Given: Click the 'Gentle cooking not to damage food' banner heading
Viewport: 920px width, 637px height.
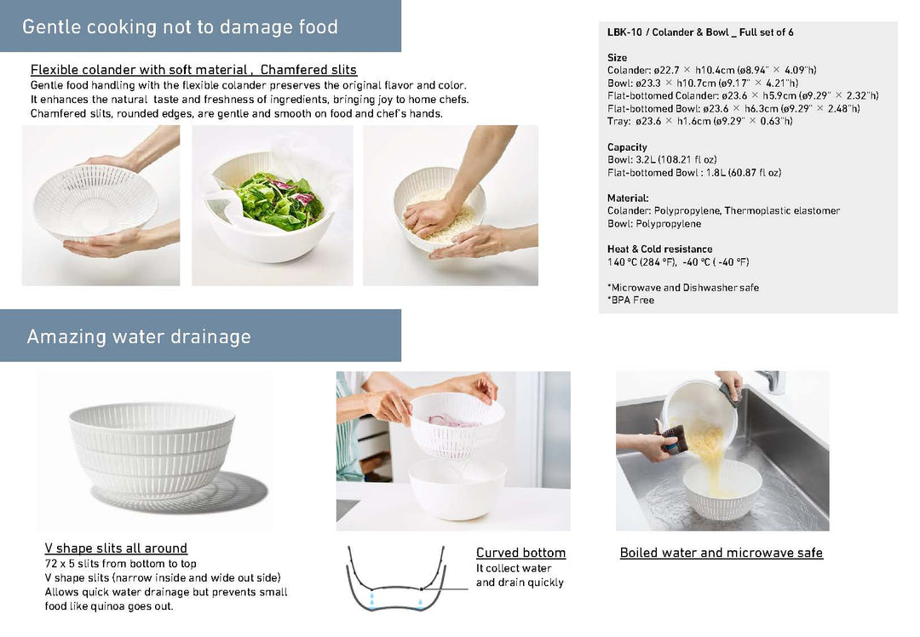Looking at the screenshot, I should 180,26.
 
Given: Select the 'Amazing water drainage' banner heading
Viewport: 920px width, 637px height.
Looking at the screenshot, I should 139,336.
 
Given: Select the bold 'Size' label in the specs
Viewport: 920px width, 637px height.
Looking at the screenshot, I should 617,58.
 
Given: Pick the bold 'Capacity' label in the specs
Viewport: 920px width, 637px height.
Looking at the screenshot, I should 627,147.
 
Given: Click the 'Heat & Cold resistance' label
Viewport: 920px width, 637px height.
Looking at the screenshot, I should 659,250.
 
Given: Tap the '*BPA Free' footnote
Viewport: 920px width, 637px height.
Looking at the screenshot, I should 630,300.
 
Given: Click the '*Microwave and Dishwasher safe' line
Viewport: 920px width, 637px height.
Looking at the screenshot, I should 682,288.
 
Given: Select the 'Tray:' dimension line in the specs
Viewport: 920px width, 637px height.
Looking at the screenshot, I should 699,121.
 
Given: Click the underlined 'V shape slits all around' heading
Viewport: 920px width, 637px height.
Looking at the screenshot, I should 116,548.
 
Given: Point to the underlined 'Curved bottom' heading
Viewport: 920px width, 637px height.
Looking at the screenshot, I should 520,553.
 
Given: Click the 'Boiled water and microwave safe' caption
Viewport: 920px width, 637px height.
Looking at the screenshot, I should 721,553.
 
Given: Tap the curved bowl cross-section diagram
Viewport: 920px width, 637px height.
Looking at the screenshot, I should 395,579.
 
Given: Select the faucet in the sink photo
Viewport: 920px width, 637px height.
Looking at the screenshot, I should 773,382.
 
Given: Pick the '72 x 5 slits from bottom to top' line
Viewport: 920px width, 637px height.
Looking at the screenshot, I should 120,564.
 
